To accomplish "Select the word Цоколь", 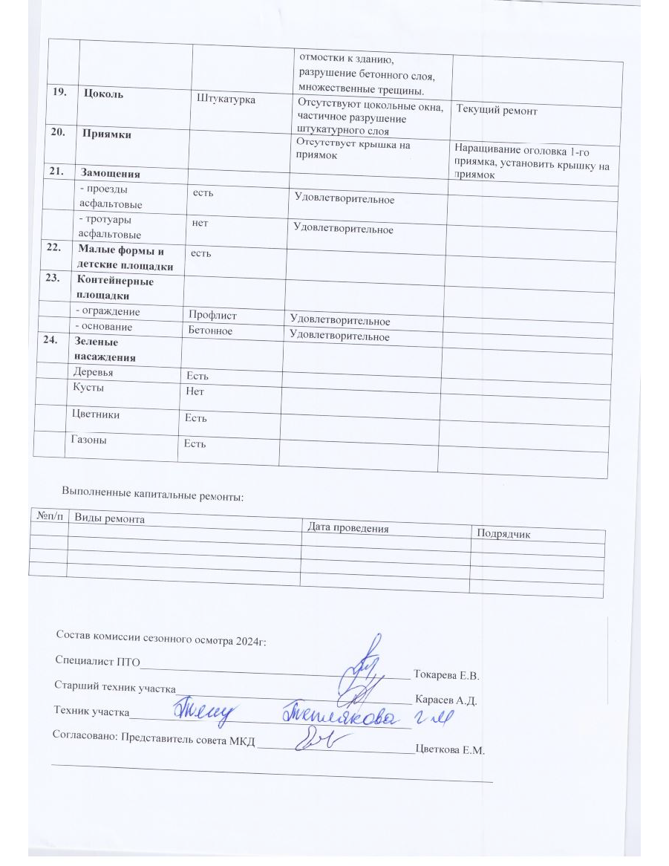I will click(104, 94).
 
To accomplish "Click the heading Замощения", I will click(111, 172).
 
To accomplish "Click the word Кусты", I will click(88, 388).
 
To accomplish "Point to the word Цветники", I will click(96, 415).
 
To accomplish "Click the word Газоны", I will click(88, 440).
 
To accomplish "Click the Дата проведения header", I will click(348, 528).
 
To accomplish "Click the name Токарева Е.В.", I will click(448, 676).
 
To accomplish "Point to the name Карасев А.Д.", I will click(446, 700).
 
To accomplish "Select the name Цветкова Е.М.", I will click(450, 750).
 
